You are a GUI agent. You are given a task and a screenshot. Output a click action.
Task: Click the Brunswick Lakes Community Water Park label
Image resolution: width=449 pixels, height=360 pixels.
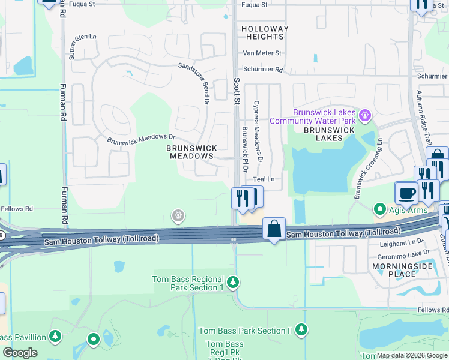coord(312,116)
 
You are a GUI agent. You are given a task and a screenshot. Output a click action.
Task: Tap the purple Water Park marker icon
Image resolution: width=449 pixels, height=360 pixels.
coord(363,114)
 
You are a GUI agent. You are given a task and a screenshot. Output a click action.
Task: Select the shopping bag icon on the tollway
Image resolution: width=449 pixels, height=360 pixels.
coord(274,229)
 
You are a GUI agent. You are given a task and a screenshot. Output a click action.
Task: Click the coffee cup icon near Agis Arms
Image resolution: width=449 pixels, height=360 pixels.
coord(406,193)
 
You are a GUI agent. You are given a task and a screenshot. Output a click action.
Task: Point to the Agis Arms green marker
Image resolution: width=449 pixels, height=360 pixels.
coord(379,209)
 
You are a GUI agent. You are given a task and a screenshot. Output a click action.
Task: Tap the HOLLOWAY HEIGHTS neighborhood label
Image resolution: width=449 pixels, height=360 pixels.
coord(265,32)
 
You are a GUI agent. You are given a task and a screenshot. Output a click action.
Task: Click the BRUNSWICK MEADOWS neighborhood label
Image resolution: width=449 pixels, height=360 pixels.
coord(190,152)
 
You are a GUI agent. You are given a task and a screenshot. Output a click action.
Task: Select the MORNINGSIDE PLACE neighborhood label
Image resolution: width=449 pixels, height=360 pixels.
coord(393,270)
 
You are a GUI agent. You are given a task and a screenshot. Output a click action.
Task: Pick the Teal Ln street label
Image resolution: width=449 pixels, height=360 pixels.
coord(263,179)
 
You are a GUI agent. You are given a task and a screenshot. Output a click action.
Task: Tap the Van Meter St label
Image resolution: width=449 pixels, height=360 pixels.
coord(261,53)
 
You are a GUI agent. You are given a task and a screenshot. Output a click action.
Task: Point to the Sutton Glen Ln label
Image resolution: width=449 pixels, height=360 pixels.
coord(83,46)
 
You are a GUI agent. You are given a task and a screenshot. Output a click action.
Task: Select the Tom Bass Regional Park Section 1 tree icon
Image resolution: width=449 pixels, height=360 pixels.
coord(233,281)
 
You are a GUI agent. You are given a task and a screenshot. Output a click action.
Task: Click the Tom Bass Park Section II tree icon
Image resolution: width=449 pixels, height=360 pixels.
coord(301,329)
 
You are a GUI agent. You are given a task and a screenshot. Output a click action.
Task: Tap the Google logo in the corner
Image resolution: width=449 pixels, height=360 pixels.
coord(20,353)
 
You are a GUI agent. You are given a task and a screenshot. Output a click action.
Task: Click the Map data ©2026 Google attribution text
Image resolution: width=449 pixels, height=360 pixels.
coord(411,355)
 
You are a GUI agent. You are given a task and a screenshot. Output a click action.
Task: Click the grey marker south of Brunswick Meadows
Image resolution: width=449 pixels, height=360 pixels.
coord(178,215)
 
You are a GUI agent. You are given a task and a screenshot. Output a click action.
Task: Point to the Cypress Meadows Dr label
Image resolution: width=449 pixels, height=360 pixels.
coord(258,131)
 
